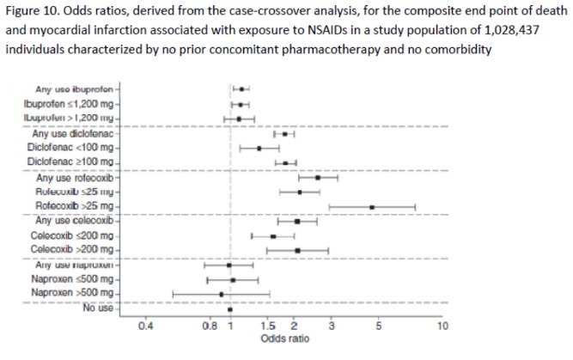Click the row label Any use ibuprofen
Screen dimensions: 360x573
[x=75, y=88]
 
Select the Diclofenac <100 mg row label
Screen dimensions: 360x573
[x=70, y=148]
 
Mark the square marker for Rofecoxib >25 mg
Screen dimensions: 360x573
[x=372, y=207]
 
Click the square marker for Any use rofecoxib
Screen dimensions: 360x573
[x=318, y=178]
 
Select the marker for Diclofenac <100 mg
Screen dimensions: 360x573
[x=259, y=149]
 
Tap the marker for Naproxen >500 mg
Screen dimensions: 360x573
[x=222, y=294]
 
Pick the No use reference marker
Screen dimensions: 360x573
[x=230, y=308]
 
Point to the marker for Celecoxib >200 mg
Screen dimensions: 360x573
[x=297, y=250]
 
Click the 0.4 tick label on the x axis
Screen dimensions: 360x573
[x=146, y=327]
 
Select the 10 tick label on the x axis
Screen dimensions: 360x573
[x=442, y=327]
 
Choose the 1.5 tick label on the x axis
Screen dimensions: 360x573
[x=267, y=327]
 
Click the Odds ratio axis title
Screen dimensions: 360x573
[x=282, y=339]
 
